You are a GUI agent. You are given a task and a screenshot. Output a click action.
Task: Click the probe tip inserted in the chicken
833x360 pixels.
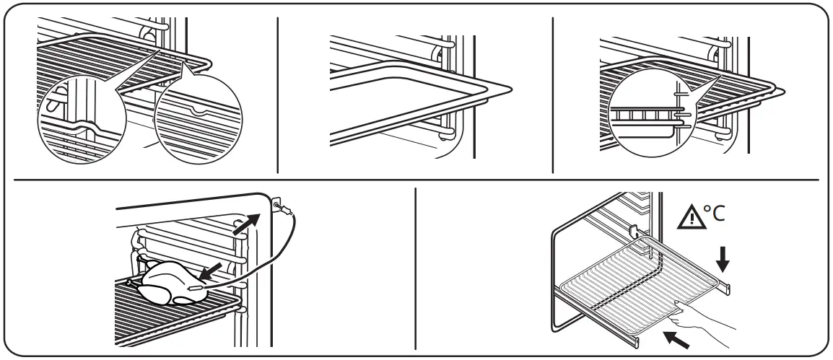coord(193,288)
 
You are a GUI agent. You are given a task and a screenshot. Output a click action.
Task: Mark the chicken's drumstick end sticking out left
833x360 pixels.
coord(132,282)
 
